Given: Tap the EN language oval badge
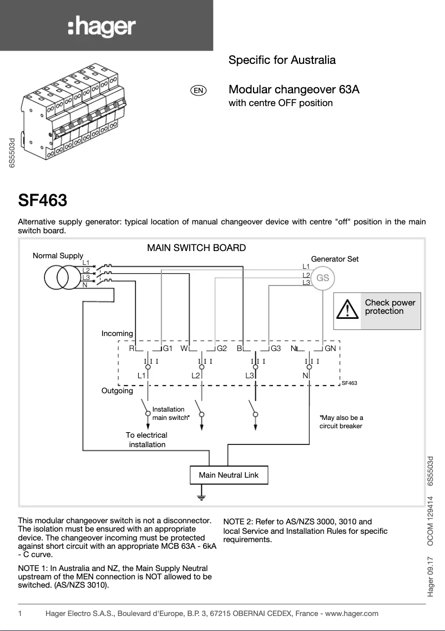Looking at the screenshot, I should tap(198, 91).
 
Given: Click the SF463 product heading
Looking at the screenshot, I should tap(43, 199).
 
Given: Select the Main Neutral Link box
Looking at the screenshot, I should tap(229, 475).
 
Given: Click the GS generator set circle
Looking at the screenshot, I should tap(322, 278).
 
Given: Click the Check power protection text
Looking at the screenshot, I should tap(390, 307).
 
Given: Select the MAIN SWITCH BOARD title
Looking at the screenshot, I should tap(196, 248).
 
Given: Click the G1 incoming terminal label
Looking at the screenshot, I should tap(168, 349).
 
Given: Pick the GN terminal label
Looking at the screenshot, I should tap(330, 349).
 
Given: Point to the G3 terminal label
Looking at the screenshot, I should tap(276, 349).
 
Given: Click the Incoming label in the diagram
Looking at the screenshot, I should tap(117, 333).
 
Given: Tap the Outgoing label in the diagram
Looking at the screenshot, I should tap(117, 391).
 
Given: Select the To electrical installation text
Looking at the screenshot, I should tap(146, 439).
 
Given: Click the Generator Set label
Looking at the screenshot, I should tap(335, 259).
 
